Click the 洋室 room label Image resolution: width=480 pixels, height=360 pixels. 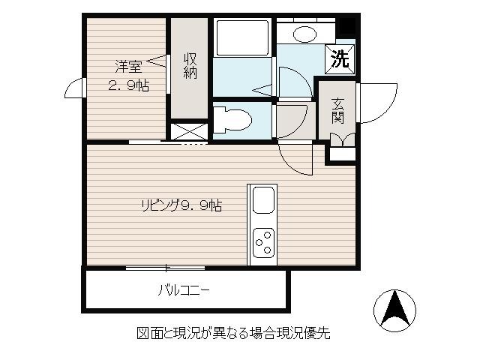[128, 67]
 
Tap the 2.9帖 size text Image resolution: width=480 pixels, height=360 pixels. [128, 85]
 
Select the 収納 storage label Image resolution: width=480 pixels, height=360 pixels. [190, 66]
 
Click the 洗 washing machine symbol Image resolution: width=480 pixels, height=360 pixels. [340, 59]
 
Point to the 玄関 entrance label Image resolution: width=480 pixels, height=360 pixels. [337, 110]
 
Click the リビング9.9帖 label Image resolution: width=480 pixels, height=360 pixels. [181, 205]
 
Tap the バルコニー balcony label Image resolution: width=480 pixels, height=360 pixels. [184, 290]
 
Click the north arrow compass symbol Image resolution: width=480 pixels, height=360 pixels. [395, 310]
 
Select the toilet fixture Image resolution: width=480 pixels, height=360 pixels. [232, 119]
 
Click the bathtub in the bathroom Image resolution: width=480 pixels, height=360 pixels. [243, 37]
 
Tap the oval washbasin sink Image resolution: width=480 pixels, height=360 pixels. [304, 34]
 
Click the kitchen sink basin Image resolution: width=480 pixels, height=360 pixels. [263, 199]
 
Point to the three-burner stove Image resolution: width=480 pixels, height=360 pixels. [263, 243]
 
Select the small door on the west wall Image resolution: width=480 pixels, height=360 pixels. [74, 88]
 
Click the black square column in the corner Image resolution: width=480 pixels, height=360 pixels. [347, 26]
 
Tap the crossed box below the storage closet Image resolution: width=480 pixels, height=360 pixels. [189, 132]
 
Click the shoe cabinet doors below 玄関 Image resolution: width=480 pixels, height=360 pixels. [343, 140]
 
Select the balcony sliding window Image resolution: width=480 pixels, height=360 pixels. [165, 268]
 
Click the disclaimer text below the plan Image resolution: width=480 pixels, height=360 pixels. [233, 333]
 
